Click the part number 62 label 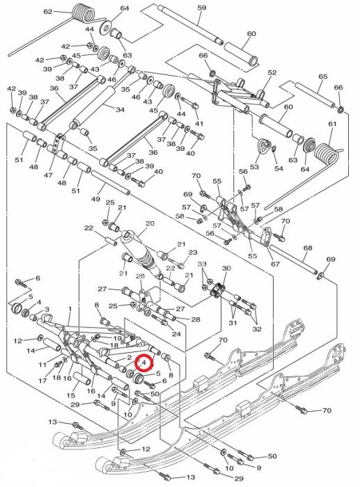point(48,12)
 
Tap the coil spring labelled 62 point(83,13)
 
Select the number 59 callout point(202,8)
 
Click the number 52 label point(272,72)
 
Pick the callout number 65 point(323,77)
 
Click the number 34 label point(120,110)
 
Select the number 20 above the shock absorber point(150,223)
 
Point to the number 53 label point(254,167)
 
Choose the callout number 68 point(308,248)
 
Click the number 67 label point(275,264)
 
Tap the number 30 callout point(226,269)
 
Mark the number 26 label point(141,276)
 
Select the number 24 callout point(176,334)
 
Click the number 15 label point(71,395)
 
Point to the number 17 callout point(42,381)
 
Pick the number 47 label point(48,175)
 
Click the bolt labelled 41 point(189,103)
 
